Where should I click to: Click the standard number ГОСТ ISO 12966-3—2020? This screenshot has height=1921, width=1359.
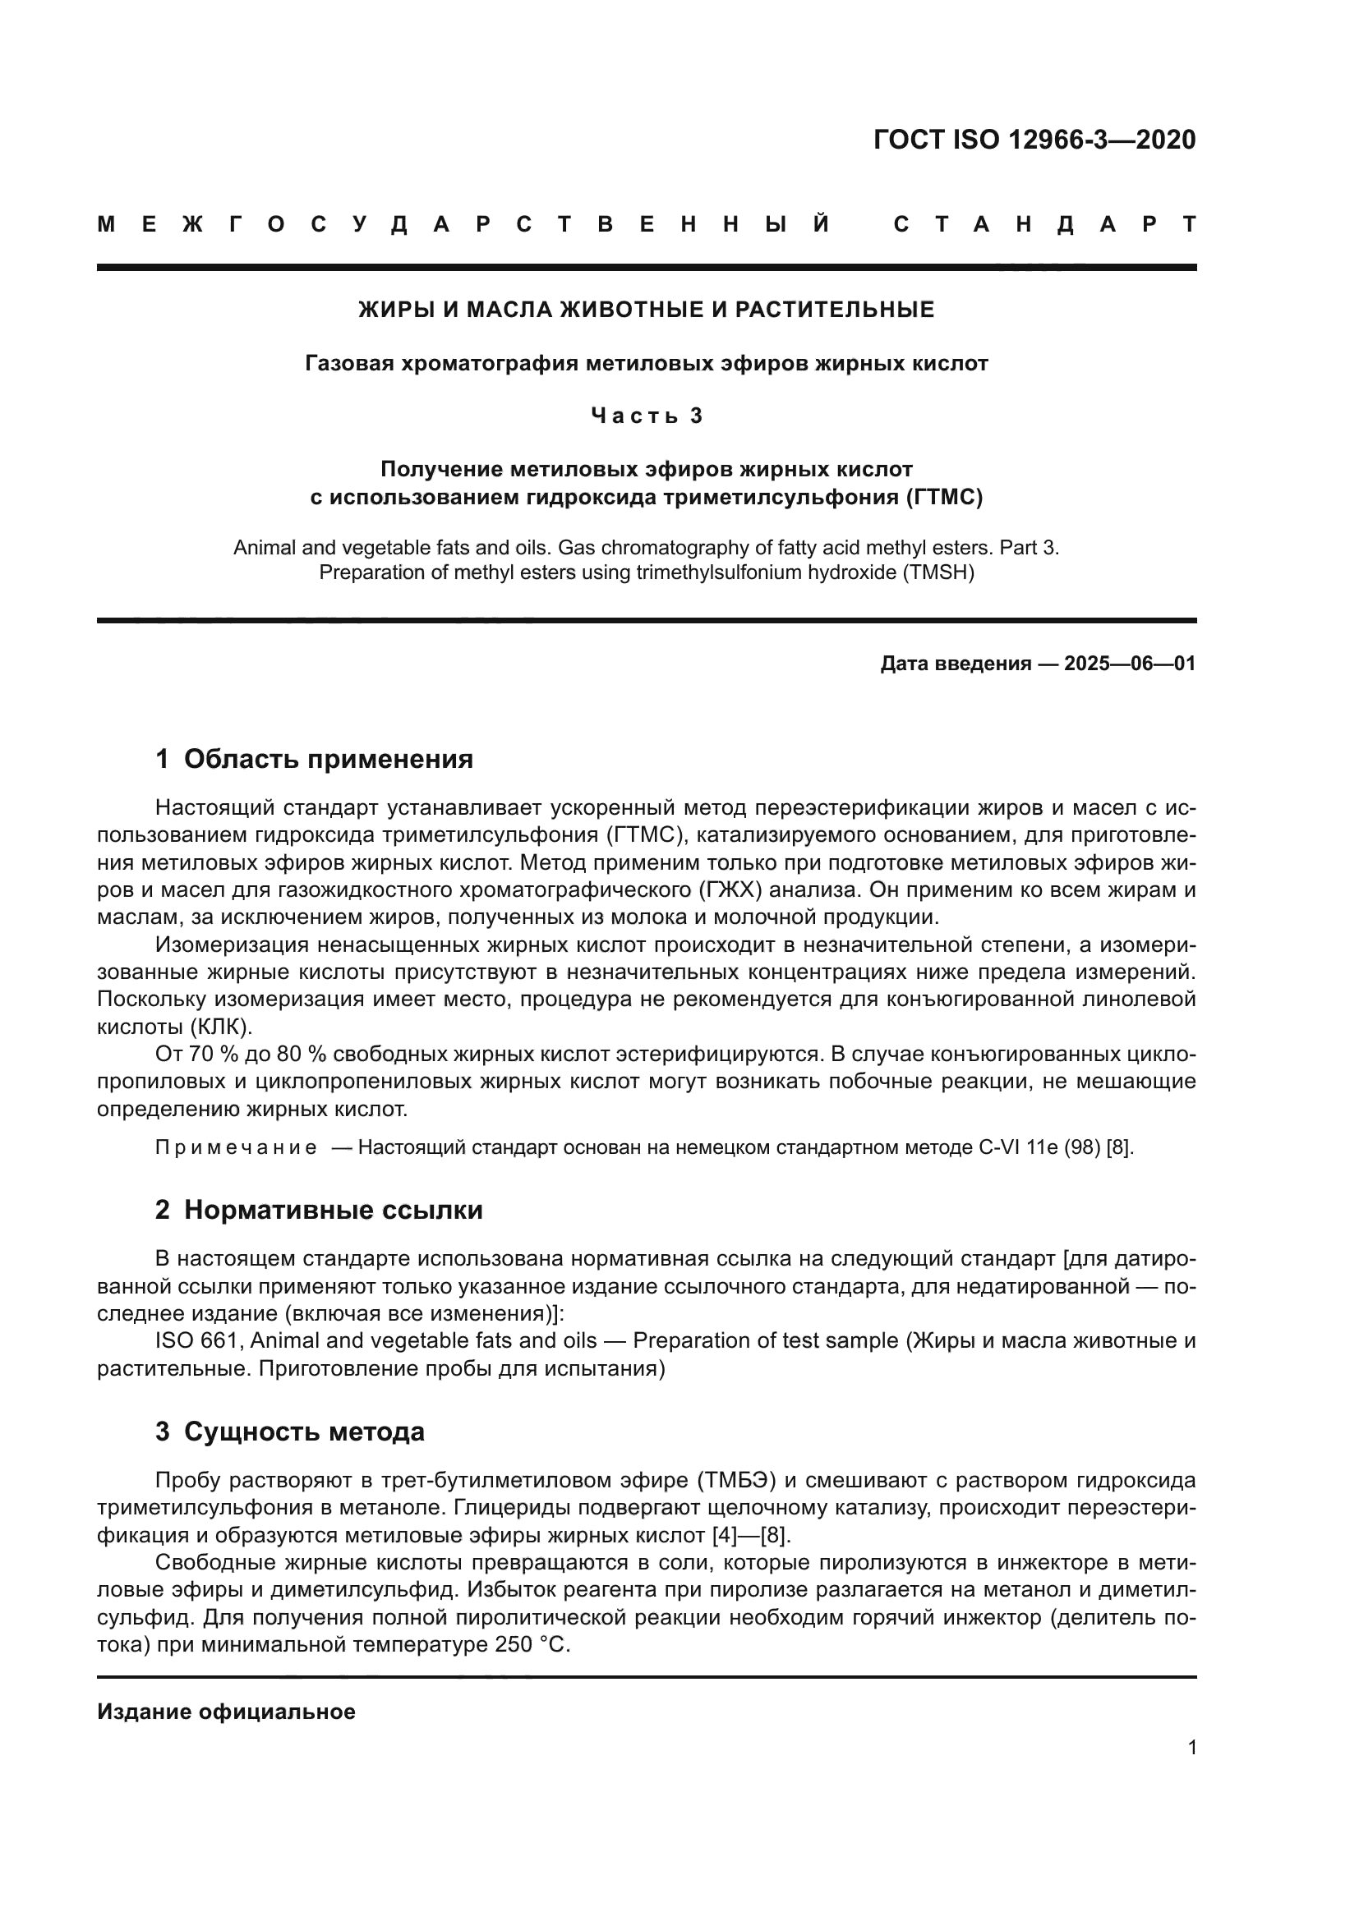click(1034, 140)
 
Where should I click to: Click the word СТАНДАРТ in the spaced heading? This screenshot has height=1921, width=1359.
click(1044, 224)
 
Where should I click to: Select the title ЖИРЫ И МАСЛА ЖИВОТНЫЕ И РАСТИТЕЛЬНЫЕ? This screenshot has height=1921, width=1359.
click(646, 310)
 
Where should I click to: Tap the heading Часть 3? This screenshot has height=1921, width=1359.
click(646, 416)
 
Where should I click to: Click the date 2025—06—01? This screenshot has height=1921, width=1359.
click(1130, 664)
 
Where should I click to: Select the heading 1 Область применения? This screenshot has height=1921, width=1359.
click(314, 759)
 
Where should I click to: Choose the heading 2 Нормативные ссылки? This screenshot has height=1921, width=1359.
click(319, 1210)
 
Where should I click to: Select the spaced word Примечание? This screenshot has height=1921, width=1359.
click(236, 1147)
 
